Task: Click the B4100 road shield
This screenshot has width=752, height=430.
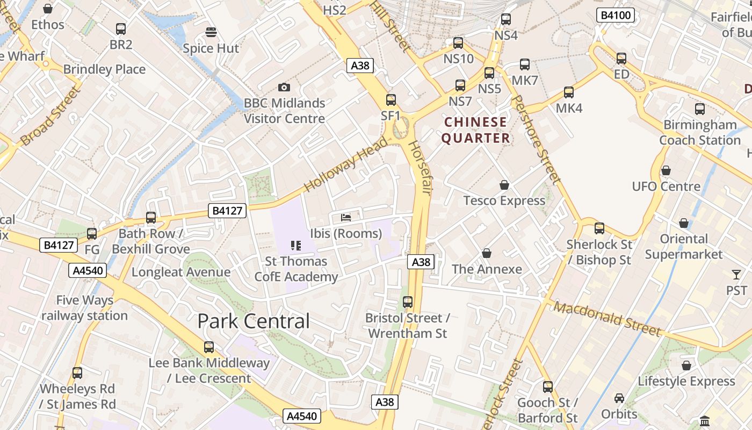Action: click(616, 16)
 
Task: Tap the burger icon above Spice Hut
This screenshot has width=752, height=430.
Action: click(211, 32)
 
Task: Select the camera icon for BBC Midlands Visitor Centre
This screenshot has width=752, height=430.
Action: click(284, 87)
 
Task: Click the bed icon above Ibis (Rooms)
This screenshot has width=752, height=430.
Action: click(346, 218)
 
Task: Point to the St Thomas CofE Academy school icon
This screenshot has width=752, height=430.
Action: click(296, 246)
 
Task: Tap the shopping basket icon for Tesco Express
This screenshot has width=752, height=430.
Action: click(504, 185)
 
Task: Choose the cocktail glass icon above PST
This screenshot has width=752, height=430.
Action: click(736, 275)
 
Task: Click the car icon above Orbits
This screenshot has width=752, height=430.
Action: click(619, 398)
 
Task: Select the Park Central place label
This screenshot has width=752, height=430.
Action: click(254, 321)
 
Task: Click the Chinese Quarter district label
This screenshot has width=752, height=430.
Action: click(476, 130)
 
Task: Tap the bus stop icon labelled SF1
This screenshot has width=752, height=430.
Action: click(391, 99)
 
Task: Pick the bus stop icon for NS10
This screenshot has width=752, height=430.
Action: click(458, 43)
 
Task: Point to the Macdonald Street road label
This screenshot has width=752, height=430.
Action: click(607, 319)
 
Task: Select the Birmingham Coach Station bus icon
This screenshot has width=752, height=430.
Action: click(700, 109)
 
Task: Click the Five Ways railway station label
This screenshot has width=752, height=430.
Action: click(84, 307)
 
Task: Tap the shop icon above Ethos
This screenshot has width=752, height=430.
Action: click(48, 9)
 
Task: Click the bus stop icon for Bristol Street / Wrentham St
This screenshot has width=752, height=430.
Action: click(408, 302)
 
